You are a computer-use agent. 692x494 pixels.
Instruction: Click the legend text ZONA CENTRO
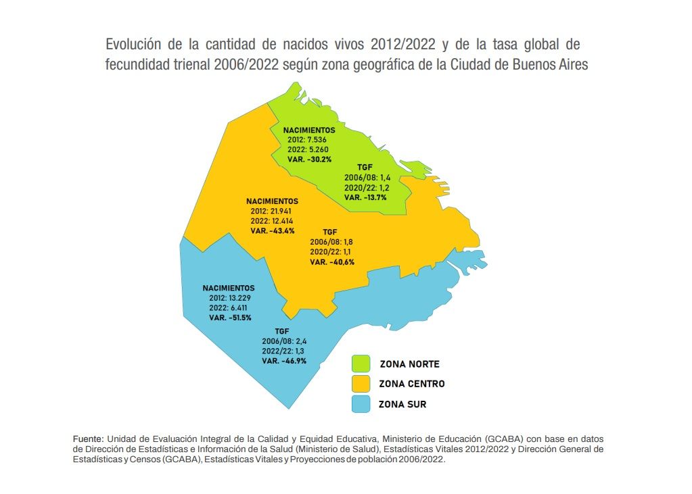pos(411,384)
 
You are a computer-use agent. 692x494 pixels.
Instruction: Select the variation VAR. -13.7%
pos(365,197)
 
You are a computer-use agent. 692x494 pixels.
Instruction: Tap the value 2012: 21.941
pos(271,212)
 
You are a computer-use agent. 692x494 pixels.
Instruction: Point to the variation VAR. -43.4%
pos(273,230)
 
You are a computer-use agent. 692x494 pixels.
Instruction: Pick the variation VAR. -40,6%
pos(332,262)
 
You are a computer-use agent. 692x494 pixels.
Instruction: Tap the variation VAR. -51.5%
pos(229,317)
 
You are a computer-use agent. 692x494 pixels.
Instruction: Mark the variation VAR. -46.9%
pos(284,361)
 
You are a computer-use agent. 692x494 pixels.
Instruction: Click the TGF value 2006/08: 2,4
pos(283,341)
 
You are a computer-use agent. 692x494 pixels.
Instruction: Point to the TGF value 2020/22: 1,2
pos(365,188)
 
